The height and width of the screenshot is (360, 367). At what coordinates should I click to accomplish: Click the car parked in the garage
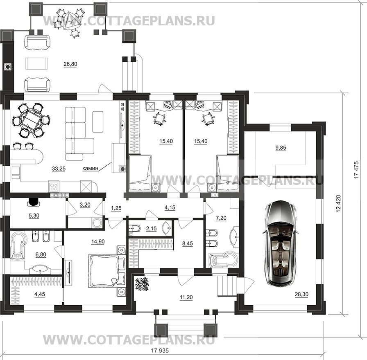pyautogui.click(x=281, y=243)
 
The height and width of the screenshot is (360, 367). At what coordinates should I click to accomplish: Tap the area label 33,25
pyautogui.click(x=59, y=169)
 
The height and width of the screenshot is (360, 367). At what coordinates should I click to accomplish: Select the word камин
pyautogui.click(x=90, y=168)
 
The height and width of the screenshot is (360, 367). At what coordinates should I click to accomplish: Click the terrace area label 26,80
pyautogui.click(x=70, y=64)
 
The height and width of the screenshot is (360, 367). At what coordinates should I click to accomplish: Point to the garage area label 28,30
pyautogui.click(x=301, y=294)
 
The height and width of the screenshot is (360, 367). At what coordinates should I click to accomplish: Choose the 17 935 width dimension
pyautogui.click(x=160, y=351)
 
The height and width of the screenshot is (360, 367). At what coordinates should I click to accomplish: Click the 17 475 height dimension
pyautogui.click(x=356, y=170)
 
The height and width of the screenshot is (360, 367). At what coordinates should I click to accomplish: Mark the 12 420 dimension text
pyautogui.click(x=338, y=204)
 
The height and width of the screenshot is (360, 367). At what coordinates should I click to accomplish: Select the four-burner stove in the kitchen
pyautogui.click(x=54, y=187)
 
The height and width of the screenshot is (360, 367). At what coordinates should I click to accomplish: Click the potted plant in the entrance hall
pyautogui.click(x=142, y=284)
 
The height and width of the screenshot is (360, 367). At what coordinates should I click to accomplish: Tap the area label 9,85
pyautogui.click(x=281, y=148)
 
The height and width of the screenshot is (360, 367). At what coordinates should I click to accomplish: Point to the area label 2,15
pyautogui.click(x=151, y=228)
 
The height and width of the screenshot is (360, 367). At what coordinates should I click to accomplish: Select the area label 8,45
pyautogui.click(x=188, y=243)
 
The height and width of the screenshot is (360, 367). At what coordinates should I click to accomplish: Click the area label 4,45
pyautogui.click(x=40, y=294)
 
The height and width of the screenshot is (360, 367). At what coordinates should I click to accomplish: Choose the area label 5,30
pyautogui.click(x=34, y=216)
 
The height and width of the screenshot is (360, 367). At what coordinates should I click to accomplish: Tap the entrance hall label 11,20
pyautogui.click(x=186, y=297)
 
